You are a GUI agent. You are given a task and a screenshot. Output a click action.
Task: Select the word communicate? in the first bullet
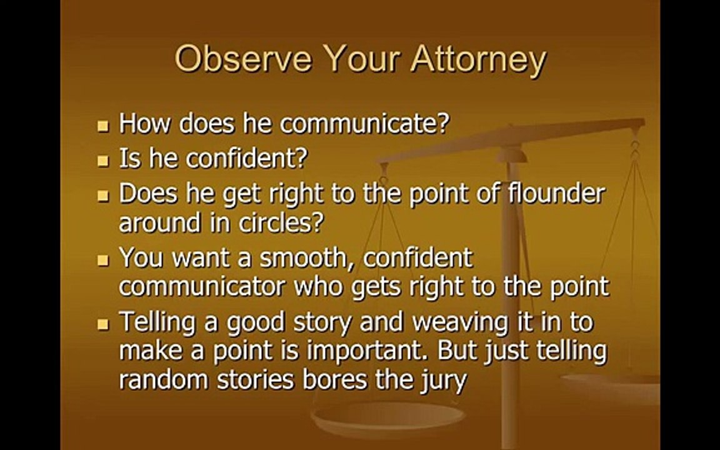point(364,124)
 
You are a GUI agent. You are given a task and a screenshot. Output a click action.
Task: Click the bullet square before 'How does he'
point(103,126)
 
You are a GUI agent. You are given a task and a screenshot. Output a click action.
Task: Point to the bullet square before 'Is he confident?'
point(103,161)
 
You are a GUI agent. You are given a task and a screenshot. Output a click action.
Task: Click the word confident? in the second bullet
point(247,158)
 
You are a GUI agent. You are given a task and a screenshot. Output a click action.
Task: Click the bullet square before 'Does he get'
point(103,196)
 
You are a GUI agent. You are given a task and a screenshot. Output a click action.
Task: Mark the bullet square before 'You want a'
point(103,261)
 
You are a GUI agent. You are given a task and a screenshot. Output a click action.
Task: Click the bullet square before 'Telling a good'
point(103,324)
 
